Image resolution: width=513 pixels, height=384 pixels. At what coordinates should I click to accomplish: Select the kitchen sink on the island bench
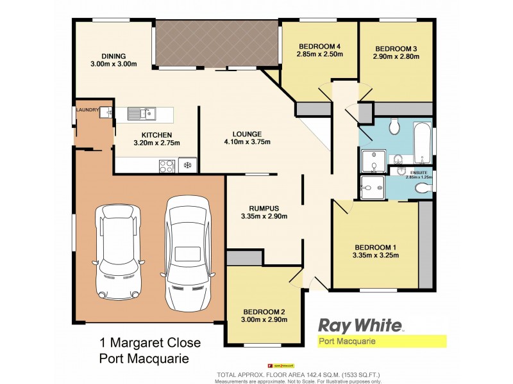[142, 114]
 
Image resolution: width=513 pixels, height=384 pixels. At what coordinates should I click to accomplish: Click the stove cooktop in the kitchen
[166, 165]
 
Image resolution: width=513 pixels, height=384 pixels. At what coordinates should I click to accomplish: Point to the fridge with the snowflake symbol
[188, 165]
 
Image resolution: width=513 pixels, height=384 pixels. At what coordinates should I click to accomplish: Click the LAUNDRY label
[87, 110]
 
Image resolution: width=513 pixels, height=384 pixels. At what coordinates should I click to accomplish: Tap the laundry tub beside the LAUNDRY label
[106, 113]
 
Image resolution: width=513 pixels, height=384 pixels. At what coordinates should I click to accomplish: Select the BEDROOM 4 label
[319, 47]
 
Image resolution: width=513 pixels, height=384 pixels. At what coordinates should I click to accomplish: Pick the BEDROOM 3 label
[396, 48]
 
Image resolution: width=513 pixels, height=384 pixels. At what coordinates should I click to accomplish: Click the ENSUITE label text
[419, 172]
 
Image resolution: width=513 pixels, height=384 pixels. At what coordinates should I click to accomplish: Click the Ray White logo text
[360, 326]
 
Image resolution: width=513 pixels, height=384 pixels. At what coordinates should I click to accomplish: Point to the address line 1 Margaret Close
[149, 344]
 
